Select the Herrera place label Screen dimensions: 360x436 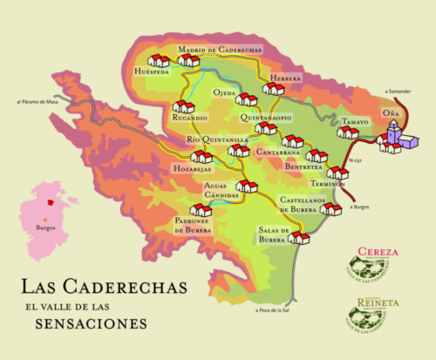click(285, 78)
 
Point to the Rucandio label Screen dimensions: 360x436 click(189, 118)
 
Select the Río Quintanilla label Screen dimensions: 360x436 click(218, 139)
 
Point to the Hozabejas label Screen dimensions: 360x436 click(192, 166)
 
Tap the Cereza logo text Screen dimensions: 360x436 click(378, 252)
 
